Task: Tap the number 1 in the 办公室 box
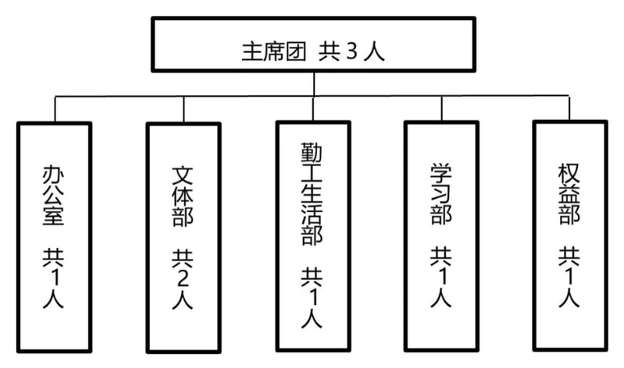coord(53,279)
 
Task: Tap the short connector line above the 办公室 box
coord(55,109)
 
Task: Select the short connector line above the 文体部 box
coord(184,109)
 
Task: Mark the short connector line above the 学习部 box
coord(441,108)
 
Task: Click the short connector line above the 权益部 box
coord(569,108)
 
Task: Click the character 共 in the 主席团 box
coord(327,54)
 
